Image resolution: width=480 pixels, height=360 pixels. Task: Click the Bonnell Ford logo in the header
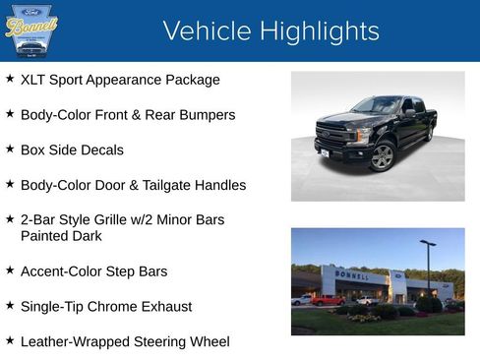pyautogui.click(x=31, y=30)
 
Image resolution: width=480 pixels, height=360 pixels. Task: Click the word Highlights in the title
pyautogui.click(x=315, y=31)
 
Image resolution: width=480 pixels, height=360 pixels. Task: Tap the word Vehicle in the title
pyautogui.click(x=204, y=31)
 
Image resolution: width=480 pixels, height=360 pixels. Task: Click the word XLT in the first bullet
pyautogui.click(x=34, y=80)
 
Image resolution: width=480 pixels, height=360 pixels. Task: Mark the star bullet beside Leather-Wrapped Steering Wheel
pyautogui.click(x=10, y=340)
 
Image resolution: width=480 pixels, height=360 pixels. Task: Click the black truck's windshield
pyautogui.click(x=376, y=105)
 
